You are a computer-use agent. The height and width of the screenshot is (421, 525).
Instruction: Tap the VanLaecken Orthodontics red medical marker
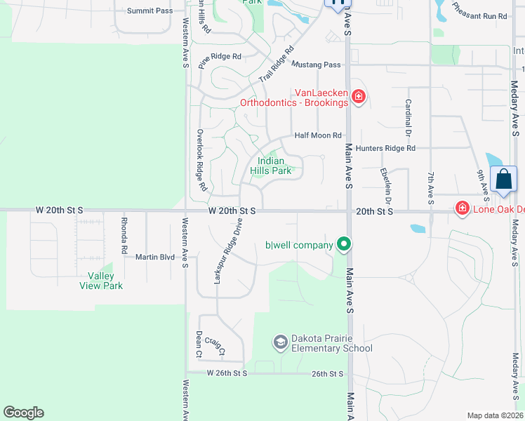(x=358, y=96)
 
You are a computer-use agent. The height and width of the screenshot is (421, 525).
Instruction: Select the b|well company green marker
(x=343, y=244)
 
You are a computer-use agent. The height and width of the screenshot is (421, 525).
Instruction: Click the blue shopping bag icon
(x=504, y=179)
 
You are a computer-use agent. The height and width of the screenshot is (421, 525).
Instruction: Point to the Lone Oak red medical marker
(x=462, y=208)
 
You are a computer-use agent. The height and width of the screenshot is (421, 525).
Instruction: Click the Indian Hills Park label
(x=270, y=166)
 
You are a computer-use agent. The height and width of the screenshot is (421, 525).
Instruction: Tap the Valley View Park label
(x=101, y=281)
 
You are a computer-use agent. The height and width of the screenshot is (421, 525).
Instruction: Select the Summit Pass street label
(x=149, y=11)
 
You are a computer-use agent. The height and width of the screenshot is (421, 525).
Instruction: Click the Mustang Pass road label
(x=316, y=65)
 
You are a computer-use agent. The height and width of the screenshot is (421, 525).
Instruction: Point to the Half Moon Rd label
(x=318, y=135)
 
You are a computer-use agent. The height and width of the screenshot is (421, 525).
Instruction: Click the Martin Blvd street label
(x=155, y=258)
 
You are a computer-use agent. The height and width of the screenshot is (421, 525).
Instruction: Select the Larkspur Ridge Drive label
(x=227, y=251)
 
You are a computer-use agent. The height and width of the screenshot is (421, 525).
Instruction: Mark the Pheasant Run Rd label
(x=479, y=11)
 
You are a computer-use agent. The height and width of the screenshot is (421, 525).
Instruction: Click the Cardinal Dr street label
(x=407, y=116)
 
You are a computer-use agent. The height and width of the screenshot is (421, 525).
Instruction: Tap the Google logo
(x=23, y=413)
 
